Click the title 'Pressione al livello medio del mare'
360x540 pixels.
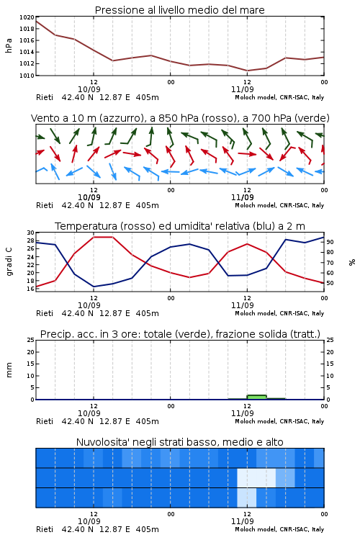click(x=179, y=10)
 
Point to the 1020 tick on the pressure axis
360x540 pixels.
click(x=27, y=17)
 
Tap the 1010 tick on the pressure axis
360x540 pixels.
click(x=27, y=76)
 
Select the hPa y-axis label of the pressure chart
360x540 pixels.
click(x=9, y=46)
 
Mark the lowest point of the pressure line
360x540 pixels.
click(x=247, y=71)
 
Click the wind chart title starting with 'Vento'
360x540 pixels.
click(x=180, y=118)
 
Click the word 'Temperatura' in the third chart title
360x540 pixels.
click(x=86, y=226)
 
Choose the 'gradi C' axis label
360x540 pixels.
click(x=9, y=262)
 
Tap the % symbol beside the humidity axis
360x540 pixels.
click(x=352, y=262)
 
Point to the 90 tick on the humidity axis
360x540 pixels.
click(x=330, y=242)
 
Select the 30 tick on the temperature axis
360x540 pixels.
click(x=30, y=233)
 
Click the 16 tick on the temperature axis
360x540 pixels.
click(x=30, y=289)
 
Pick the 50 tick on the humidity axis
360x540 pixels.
click(x=330, y=283)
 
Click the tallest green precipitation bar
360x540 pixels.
click(x=256, y=397)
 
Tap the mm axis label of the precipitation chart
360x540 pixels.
click(x=9, y=370)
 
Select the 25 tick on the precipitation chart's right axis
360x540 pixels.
click(x=330, y=340)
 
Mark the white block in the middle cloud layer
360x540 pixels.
click(x=256, y=477)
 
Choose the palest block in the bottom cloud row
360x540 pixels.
click(x=247, y=498)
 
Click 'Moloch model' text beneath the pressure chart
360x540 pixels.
click(x=255, y=97)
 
